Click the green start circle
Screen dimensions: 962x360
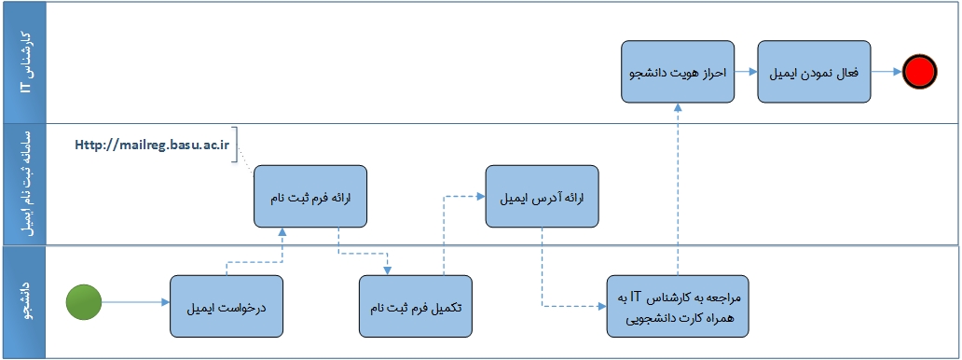tap(84, 302)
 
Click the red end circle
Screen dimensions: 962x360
tap(920, 71)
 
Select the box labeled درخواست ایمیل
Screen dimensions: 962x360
tap(227, 306)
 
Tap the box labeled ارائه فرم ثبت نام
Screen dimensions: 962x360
tap(310, 197)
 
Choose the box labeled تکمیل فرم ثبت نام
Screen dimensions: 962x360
tap(416, 306)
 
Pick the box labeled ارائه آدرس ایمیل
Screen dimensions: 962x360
tap(543, 197)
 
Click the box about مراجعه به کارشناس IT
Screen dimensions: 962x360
tap(678, 306)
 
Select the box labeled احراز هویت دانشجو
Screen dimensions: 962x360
tap(678, 71)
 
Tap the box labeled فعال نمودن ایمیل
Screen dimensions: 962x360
tap(814, 71)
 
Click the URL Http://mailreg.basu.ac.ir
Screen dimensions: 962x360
tap(152, 145)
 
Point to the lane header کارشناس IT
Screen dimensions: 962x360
tap(23, 62)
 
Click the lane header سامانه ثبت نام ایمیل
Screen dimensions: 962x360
tap(23, 184)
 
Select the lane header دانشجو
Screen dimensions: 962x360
tap(23, 301)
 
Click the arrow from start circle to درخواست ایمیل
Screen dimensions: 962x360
tap(135, 302)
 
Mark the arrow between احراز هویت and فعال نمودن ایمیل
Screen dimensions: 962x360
tap(746, 71)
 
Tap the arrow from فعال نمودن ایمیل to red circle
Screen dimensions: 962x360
tap(886, 71)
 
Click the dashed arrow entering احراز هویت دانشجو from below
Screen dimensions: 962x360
tap(678, 188)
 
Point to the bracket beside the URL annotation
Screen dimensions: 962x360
tap(234, 145)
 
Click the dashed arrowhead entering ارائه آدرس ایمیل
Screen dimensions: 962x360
tap(482, 197)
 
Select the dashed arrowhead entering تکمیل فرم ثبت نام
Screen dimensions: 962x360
tap(387, 270)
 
